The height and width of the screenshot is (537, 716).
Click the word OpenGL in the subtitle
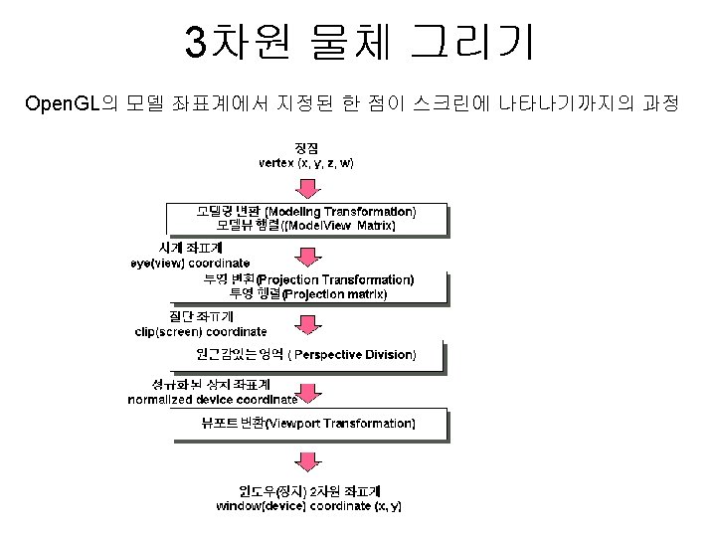(x=62, y=104)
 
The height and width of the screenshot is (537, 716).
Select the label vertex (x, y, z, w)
(x=306, y=162)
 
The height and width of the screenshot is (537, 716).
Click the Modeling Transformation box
(x=306, y=219)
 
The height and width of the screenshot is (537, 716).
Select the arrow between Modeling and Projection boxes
(x=308, y=257)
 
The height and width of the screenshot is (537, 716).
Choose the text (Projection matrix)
(x=334, y=294)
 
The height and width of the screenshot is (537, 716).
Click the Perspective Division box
(x=306, y=355)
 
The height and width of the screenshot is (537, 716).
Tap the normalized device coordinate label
(x=212, y=400)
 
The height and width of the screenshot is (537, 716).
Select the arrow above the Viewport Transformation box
(x=308, y=393)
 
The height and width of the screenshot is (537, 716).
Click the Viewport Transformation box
(x=306, y=424)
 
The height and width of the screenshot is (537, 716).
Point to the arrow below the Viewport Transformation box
(x=308, y=461)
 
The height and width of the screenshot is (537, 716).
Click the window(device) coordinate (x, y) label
(x=309, y=506)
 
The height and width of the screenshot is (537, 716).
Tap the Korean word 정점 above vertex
(x=305, y=147)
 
